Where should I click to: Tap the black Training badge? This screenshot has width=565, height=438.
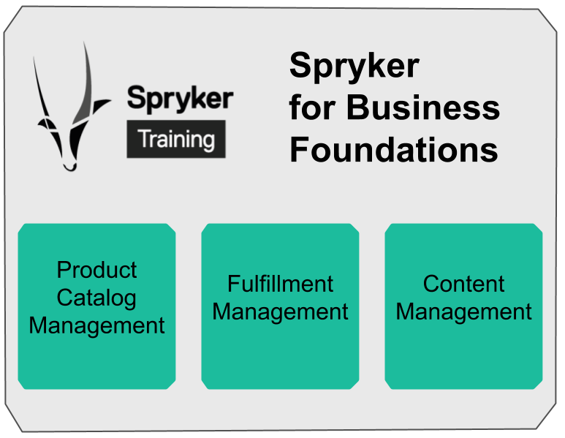coord(176,139)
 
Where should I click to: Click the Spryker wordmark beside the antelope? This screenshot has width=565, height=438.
coord(180,97)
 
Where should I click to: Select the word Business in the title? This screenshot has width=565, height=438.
coord(423,107)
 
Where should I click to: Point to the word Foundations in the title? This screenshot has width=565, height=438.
coord(393,150)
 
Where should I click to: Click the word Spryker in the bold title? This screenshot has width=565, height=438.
coord(354,66)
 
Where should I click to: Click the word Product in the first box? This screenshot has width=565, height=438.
coord(96,270)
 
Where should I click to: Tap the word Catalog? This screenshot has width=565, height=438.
coord(96,298)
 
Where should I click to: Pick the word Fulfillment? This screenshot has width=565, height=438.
coord(280,284)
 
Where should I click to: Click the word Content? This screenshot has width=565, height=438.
coord(463,284)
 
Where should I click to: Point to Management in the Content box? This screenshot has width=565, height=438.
coord(463,312)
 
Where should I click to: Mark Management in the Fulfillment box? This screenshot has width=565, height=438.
coord(280,312)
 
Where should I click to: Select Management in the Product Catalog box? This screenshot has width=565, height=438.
coord(96,325)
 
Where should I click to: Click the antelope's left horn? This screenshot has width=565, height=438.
coord(42,95)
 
